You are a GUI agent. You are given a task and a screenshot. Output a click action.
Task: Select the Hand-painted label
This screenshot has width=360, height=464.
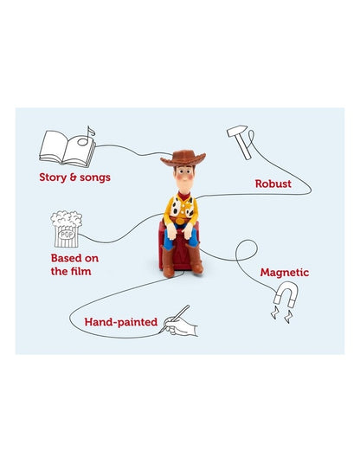[x=120, y=322]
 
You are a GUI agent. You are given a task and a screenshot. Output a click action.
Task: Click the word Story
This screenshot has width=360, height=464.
[x=54, y=179]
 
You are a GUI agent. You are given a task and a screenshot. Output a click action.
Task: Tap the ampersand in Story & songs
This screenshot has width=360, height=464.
[x=76, y=179]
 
